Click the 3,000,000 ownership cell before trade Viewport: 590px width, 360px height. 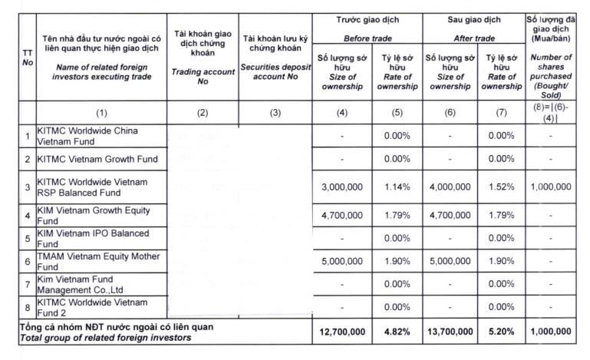(x=341, y=187)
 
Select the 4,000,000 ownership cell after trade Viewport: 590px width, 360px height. (x=450, y=187)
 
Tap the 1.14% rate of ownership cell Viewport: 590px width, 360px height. (x=397, y=187)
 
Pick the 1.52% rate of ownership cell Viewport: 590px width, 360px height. (x=502, y=187)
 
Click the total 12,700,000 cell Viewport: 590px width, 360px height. (x=341, y=331)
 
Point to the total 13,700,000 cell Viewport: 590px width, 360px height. (x=450, y=331)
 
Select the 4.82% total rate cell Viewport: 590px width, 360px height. (x=397, y=331)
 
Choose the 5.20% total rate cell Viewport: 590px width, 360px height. (x=502, y=331)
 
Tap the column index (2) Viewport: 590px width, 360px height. (x=202, y=111)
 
